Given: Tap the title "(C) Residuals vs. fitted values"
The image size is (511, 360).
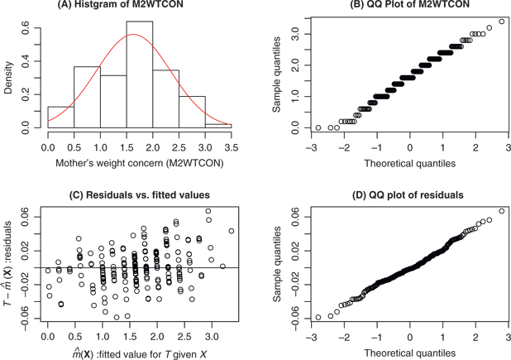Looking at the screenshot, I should coord(133,194).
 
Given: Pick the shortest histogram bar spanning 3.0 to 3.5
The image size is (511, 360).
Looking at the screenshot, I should coord(217,127).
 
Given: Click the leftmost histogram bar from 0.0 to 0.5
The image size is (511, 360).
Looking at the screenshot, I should coord(60,118).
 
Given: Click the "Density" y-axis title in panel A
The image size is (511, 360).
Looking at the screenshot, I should coord(10,74).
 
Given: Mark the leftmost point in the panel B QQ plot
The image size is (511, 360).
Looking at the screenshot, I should coord(318,127).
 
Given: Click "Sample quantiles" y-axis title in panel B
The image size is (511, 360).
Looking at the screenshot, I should coord(279,74).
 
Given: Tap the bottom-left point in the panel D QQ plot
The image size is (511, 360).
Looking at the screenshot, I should coord(318,317).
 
